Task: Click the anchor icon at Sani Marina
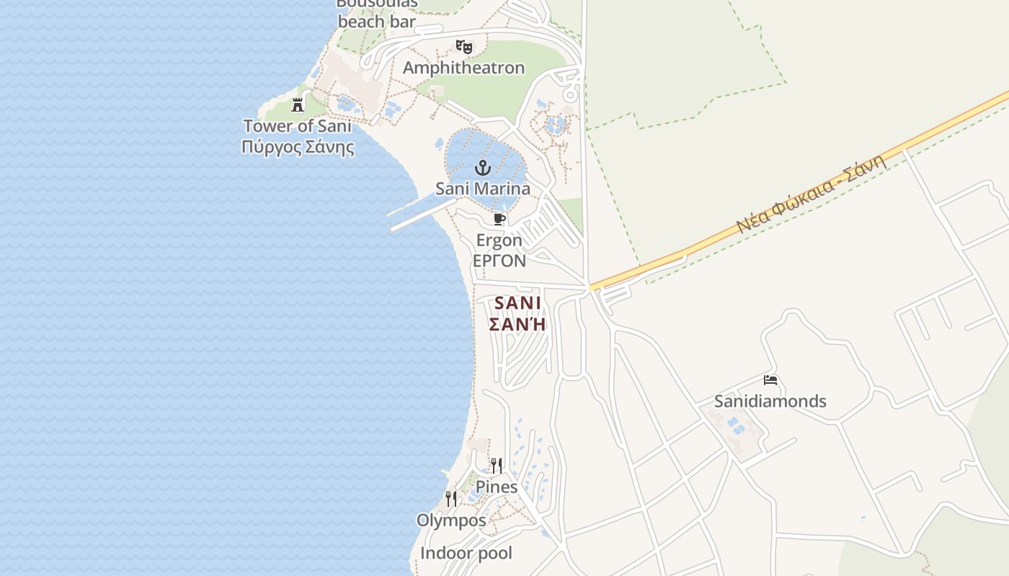(483, 168)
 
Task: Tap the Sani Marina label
(483, 189)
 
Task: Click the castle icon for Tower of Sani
(298, 105)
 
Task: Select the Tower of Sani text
(298, 126)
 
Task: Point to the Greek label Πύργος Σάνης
(298, 148)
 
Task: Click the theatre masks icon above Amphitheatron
(464, 48)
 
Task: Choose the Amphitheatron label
(463, 68)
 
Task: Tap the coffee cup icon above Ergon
(499, 219)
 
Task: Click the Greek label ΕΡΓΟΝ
(499, 261)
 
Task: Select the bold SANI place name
(517, 303)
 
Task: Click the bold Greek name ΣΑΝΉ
(517, 325)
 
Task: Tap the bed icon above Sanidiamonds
(770, 380)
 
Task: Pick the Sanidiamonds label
(770, 401)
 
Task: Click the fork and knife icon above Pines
(497, 465)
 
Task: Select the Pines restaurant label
(497, 487)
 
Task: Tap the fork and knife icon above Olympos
(451, 498)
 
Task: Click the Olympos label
(451, 520)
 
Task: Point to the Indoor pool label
(466, 553)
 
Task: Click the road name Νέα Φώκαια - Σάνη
(810, 195)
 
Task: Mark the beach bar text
(377, 22)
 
